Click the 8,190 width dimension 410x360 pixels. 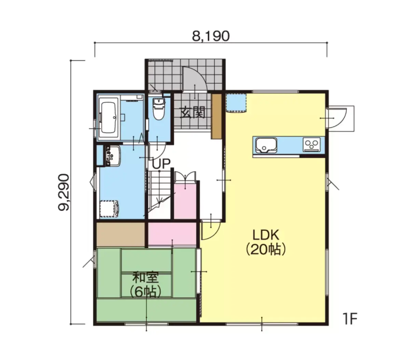(x=211, y=36)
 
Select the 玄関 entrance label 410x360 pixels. (x=193, y=112)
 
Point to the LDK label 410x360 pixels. (x=266, y=235)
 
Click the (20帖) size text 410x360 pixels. (x=266, y=250)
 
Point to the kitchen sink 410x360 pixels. (x=266, y=145)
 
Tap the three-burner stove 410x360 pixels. (x=312, y=145)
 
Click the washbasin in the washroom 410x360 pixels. (x=113, y=156)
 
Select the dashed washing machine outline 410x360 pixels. (x=109, y=209)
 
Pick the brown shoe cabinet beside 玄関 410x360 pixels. (x=216, y=116)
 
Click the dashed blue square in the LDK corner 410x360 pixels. (x=236, y=103)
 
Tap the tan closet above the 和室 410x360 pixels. (x=120, y=235)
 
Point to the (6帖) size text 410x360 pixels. (x=145, y=292)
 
